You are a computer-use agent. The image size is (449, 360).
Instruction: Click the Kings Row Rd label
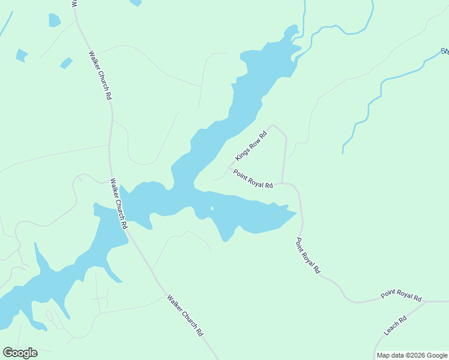[251, 146]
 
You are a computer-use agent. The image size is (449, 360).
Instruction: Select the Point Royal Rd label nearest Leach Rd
[401, 296]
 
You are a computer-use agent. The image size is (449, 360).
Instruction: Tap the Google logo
[20, 353]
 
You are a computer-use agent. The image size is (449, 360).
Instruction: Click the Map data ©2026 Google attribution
[411, 355]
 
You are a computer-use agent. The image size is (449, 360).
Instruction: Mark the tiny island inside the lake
[211, 209]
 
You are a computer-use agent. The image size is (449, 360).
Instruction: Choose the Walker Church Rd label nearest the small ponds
[100, 75]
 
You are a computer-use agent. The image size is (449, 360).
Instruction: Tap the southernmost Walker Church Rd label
[185, 315]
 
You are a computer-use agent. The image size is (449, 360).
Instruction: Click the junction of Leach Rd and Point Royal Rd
[426, 302]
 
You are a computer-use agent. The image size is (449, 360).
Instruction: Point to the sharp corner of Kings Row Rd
[274, 125]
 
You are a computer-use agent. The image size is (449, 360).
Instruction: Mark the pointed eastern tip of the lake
[297, 212]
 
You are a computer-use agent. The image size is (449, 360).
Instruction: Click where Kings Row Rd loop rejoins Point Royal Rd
[283, 183]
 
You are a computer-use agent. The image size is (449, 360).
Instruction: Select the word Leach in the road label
[391, 329]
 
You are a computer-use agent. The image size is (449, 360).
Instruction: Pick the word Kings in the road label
[243, 154]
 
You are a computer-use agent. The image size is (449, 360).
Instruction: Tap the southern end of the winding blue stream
[343, 152]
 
